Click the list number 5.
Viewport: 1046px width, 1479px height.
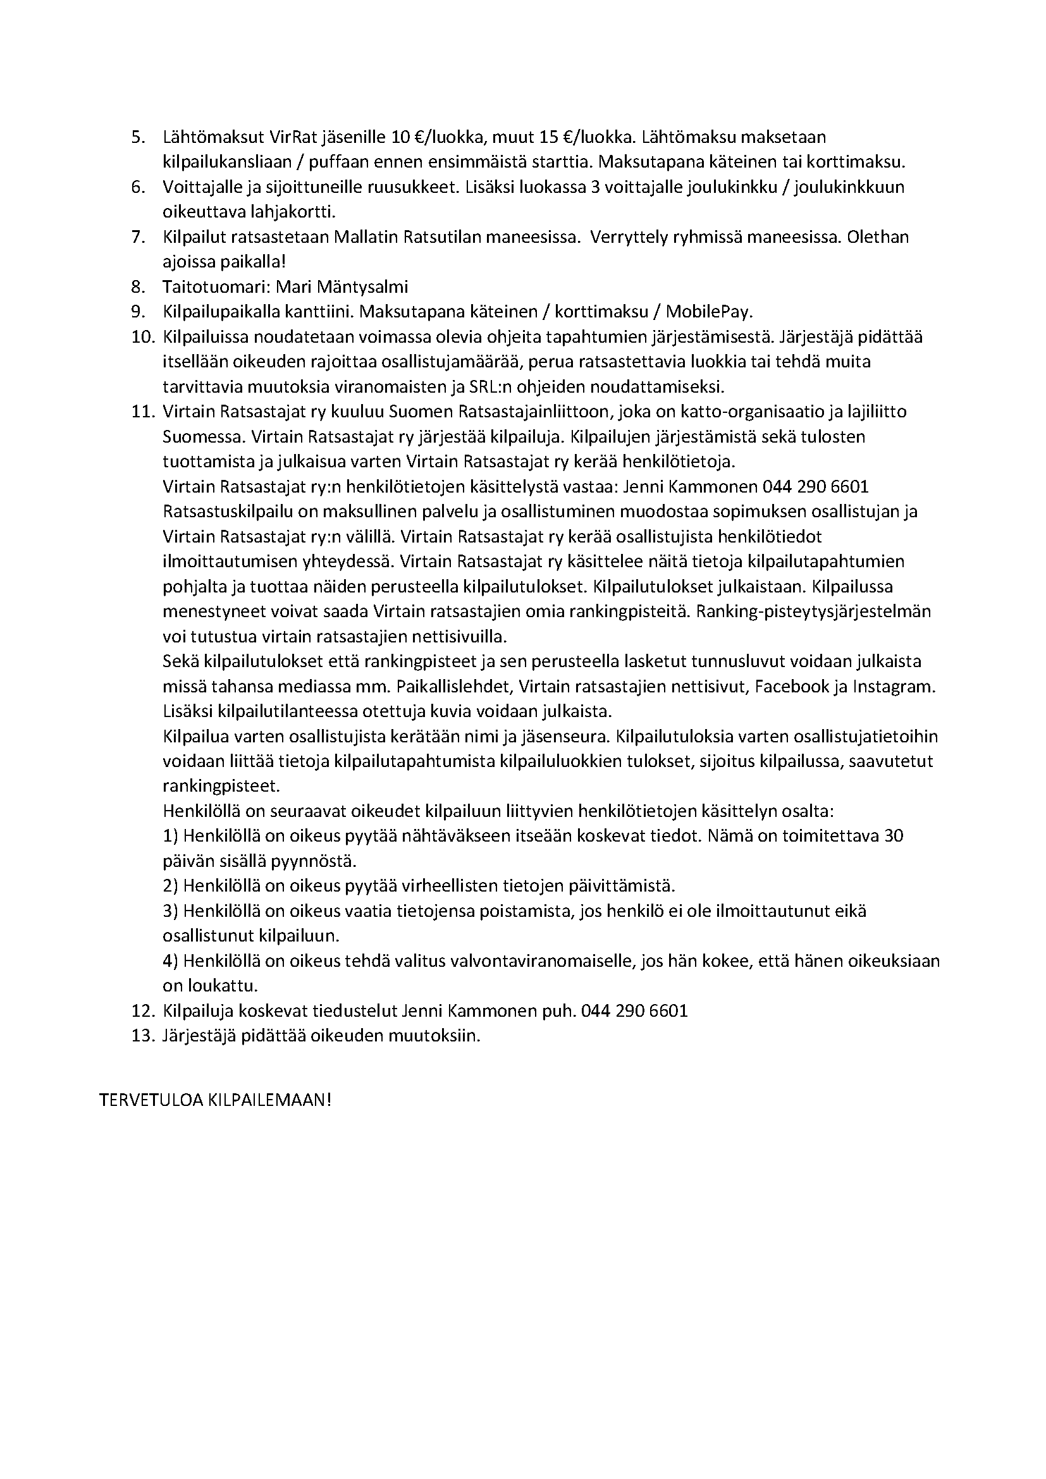pos(138,138)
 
